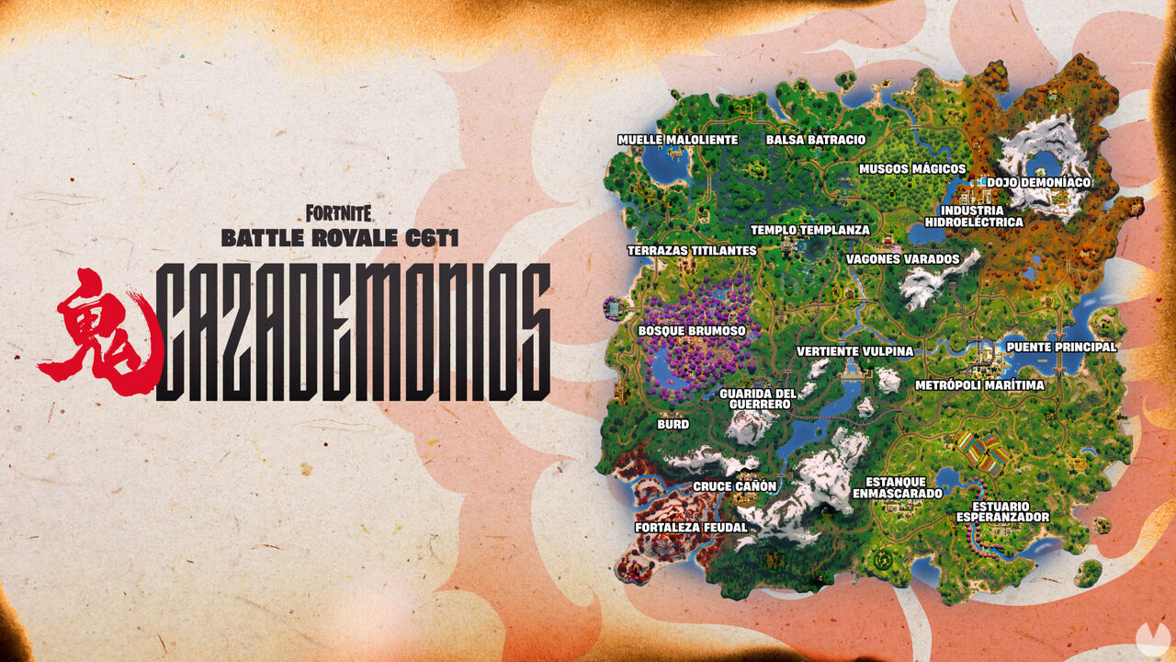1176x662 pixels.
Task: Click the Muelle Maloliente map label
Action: tap(677, 140)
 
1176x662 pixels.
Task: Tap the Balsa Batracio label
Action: tap(815, 140)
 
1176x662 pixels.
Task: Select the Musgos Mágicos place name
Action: tap(911, 169)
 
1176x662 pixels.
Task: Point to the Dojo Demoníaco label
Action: tap(1038, 183)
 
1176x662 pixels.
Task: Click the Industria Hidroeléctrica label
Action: tap(973, 216)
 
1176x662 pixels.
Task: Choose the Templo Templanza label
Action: tap(809, 231)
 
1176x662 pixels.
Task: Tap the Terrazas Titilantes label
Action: tap(692, 250)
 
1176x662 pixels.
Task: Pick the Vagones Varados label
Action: tap(902, 259)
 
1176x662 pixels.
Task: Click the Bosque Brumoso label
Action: tap(691, 330)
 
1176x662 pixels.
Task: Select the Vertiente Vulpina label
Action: tap(854, 351)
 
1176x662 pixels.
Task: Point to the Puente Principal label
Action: tap(1061, 347)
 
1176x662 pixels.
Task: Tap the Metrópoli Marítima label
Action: tap(979, 385)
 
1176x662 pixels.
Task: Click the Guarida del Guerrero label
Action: tap(755, 399)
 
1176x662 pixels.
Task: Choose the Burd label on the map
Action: tap(673, 426)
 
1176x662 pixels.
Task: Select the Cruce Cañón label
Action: tap(734, 486)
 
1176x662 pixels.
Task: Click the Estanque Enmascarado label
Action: tap(897, 487)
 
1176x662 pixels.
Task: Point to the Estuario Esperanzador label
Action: tap(1001, 512)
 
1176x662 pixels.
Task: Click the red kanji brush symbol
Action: tap(97, 326)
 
